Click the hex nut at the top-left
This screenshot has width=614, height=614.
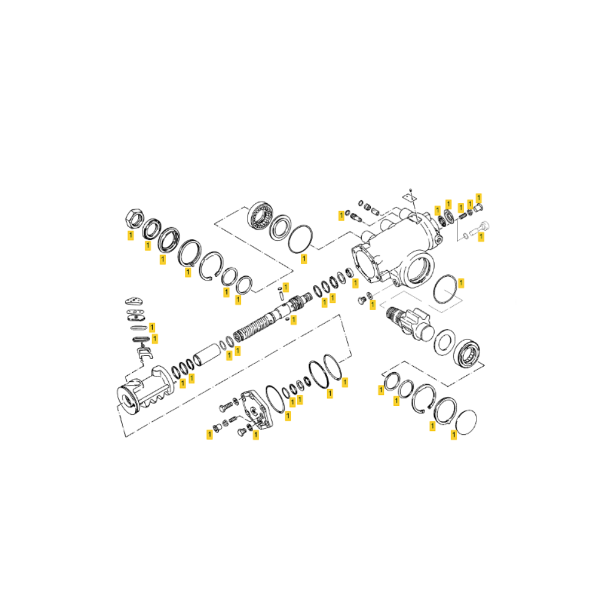[x=134, y=219]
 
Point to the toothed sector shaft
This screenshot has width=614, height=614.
[x=409, y=323]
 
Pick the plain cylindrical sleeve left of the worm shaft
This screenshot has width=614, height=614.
[x=208, y=354]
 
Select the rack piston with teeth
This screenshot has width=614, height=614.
[x=146, y=390]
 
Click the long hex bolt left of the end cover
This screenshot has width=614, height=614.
[x=227, y=406]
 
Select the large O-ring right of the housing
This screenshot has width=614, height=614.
[x=445, y=289]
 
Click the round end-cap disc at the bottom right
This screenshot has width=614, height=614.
[x=467, y=422]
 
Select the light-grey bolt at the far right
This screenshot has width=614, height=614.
[x=480, y=228]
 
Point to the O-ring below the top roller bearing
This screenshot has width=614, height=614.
[x=300, y=239]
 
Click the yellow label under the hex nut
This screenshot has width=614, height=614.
[x=131, y=235]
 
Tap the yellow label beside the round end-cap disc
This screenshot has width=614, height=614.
[x=454, y=434]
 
